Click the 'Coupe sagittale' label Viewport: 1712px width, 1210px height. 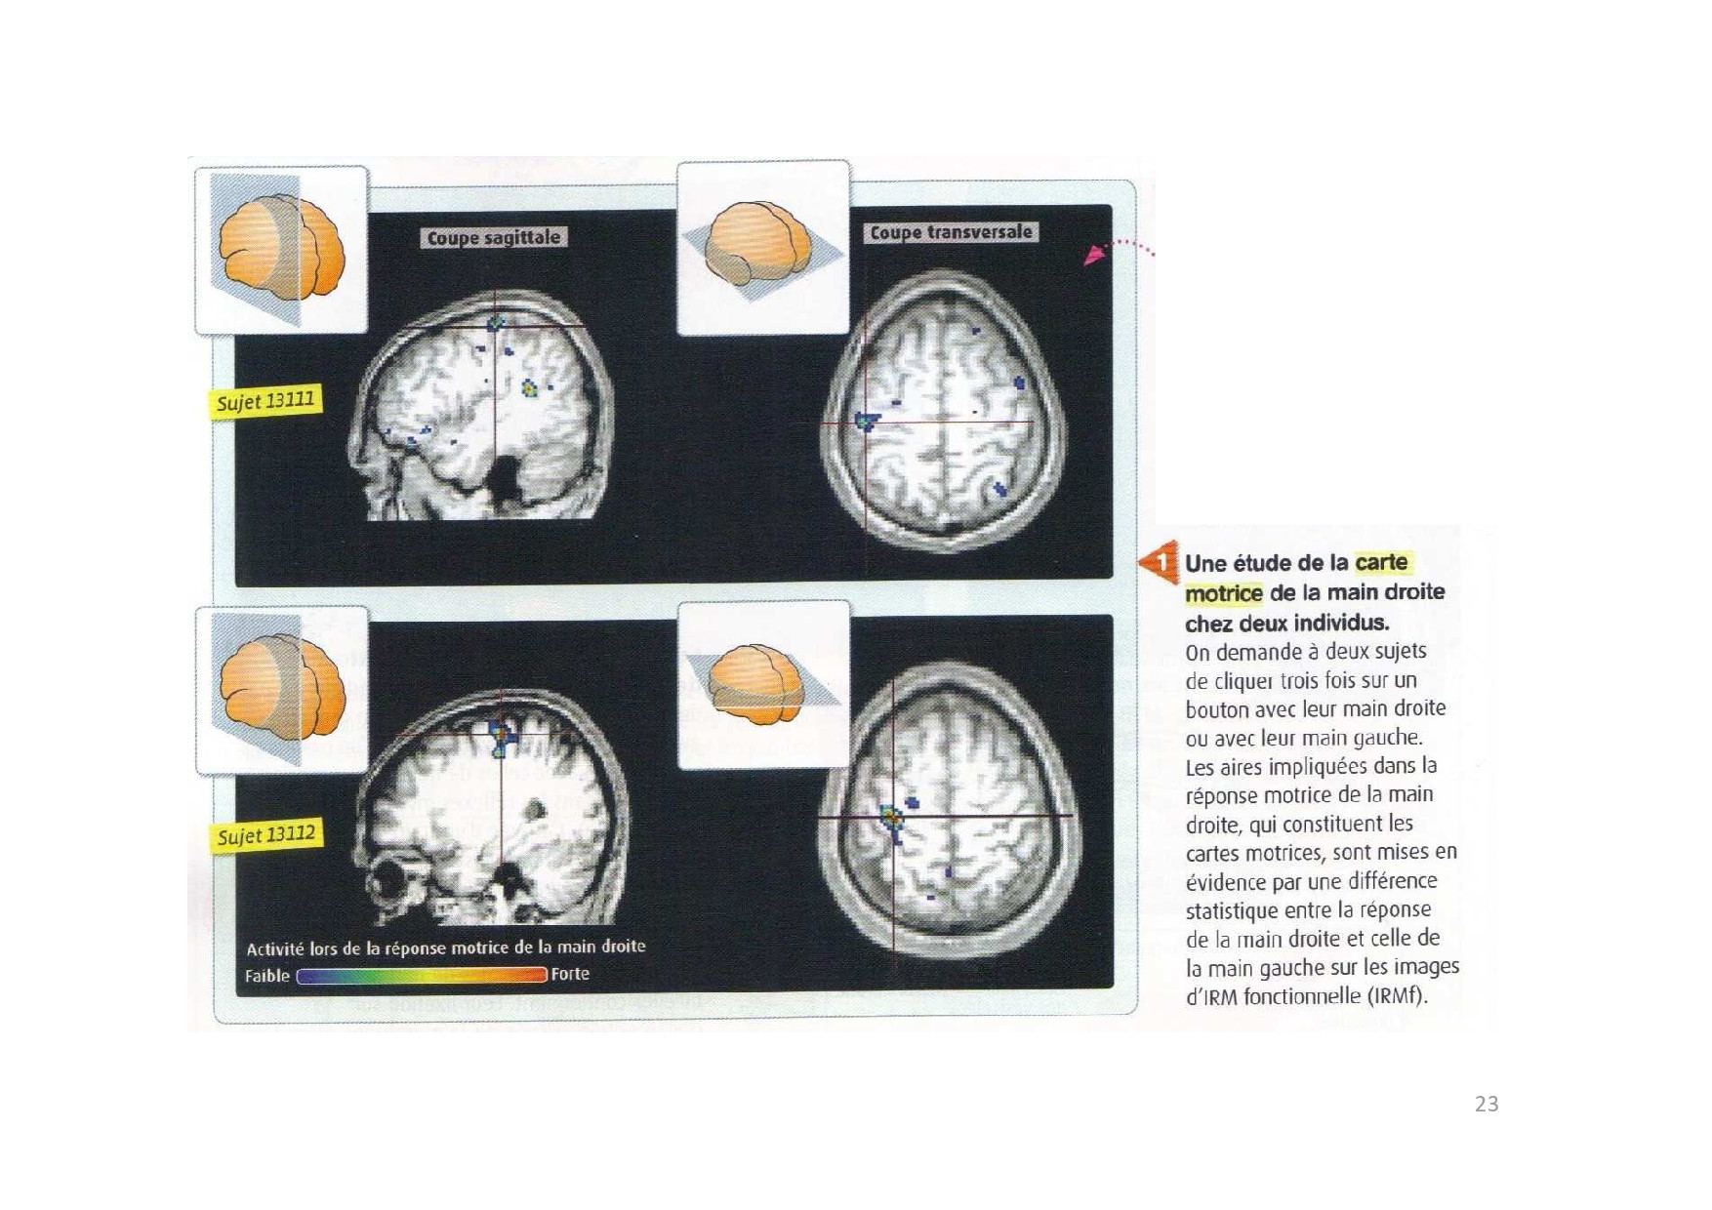pos(494,237)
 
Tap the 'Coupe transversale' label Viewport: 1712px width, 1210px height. pos(951,232)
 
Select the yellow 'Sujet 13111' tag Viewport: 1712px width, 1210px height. pos(265,401)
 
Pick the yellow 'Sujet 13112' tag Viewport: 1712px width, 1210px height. pos(266,835)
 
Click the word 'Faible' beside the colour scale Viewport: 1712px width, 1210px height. pos(267,976)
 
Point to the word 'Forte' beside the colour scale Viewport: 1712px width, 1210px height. pos(570,974)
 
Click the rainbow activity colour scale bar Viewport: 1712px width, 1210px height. pos(422,975)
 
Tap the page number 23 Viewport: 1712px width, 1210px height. pos(1487,1104)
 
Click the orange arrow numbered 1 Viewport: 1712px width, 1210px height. pos(1159,562)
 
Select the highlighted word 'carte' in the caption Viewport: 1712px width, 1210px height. pos(1382,562)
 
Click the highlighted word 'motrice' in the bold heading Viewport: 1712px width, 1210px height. pos(1224,593)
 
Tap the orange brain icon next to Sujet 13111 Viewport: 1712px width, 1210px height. pos(282,250)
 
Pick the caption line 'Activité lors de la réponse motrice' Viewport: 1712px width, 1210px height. pos(446,948)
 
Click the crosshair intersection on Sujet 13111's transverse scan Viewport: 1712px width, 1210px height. pos(865,423)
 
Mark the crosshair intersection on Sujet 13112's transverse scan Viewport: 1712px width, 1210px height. pos(893,816)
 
